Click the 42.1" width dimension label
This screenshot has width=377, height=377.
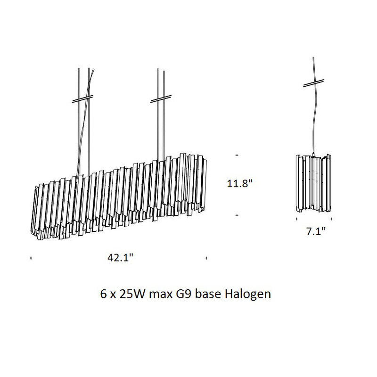(120, 257)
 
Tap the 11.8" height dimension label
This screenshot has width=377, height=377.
(240, 183)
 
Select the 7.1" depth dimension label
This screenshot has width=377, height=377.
(316, 231)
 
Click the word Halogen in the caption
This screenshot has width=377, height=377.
(248, 294)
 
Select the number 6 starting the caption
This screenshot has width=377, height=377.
(103, 294)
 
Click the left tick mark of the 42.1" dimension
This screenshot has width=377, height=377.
(31, 258)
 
